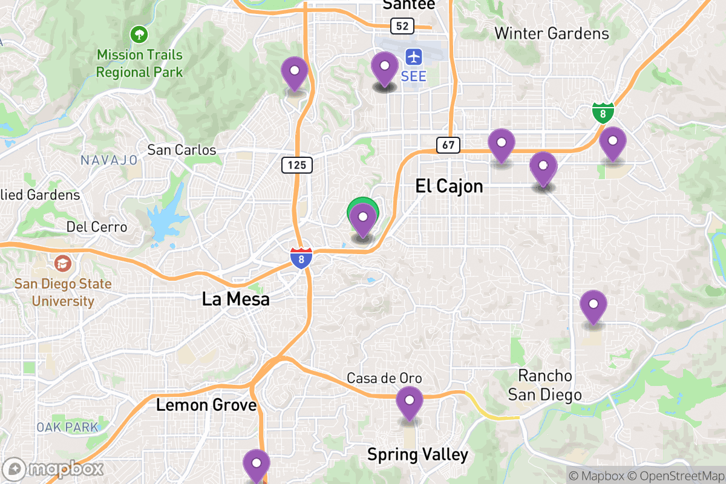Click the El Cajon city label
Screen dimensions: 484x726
[449, 186]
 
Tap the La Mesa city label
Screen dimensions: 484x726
[236, 299]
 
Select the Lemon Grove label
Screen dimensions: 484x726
[206, 405]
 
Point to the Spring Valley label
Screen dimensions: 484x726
[417, 454]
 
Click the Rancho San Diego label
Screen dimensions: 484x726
[544, 385]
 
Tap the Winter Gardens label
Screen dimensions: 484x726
[552, 33]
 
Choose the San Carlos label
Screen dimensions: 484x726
[181, 149]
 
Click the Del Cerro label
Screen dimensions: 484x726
[97, 227]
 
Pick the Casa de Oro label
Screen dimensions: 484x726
[384, 378]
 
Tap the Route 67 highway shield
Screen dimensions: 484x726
[448, 145]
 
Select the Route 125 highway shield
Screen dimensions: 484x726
[296, 165]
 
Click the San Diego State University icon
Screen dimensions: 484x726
[62, 264]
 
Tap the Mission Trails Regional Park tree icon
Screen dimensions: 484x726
[139, 33]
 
